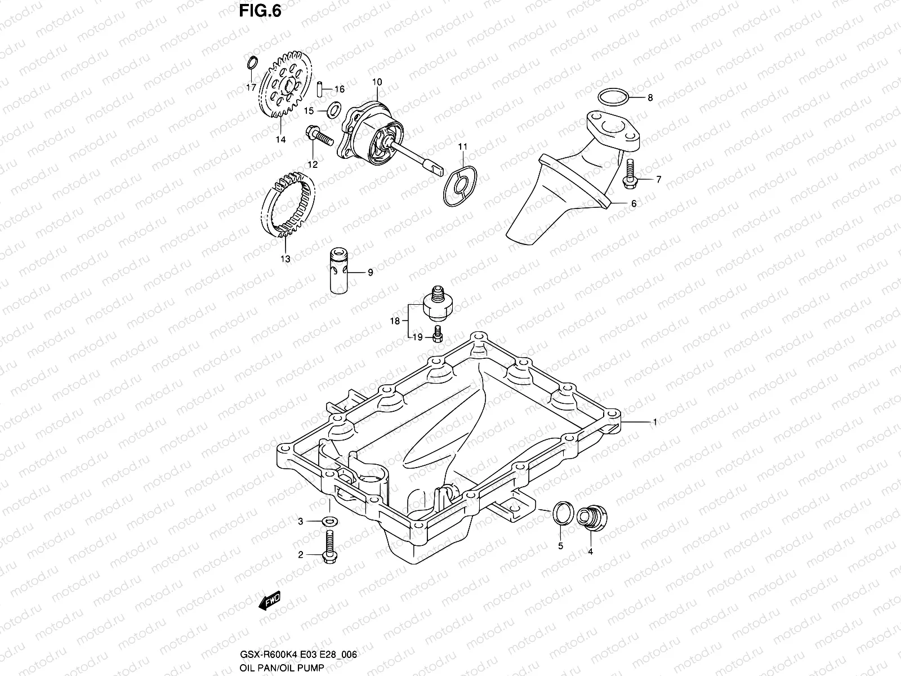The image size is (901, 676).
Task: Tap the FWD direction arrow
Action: (x=269, y=601)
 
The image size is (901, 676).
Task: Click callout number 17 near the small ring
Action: (x=251, y=87)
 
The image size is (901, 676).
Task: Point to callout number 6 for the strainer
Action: (x=634, y=204)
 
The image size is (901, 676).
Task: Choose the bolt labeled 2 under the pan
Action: (x=329, y=549)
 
